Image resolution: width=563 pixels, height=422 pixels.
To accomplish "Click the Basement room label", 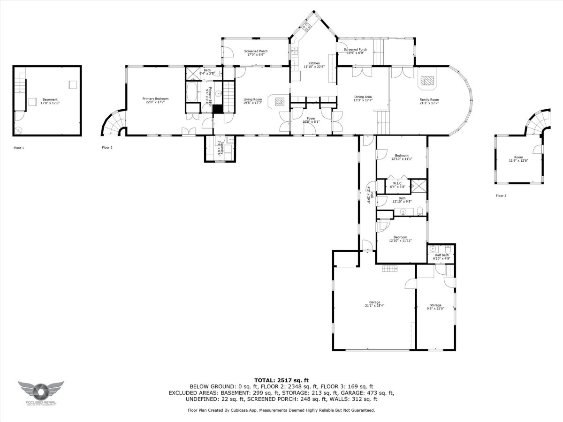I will coord(50,99).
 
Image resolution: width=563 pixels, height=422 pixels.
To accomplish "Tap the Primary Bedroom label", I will coord(155,98).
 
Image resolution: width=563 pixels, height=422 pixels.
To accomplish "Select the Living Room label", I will coord(252,99).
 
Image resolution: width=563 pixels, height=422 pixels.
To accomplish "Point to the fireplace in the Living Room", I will coord(279,101).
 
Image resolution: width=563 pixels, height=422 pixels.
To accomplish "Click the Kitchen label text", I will coord(314,63).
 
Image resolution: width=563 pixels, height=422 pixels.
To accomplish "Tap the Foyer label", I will coord(311,118).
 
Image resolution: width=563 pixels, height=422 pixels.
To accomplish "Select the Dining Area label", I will coord(363,97).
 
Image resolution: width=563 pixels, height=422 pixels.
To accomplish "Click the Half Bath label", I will coord(441,255).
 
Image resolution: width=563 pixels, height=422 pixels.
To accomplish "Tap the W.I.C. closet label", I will coord(396,183).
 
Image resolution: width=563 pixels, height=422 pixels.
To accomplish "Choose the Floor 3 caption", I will coord(501,196).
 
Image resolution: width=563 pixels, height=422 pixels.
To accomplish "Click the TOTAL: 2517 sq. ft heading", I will coord(281,380).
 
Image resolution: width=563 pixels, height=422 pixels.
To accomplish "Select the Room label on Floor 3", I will coord(518,158).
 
